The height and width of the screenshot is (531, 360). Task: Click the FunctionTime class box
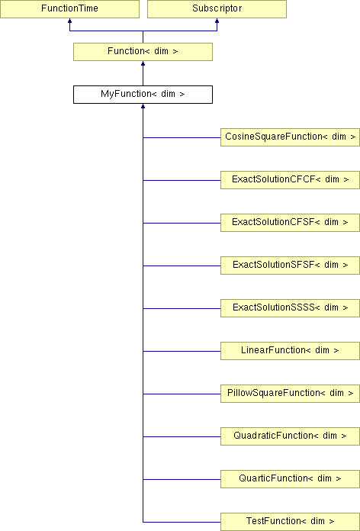[x=69, y=9]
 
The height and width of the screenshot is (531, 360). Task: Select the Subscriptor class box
[x=217, y=9]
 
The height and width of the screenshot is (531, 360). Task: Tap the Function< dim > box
[x=143, y=52]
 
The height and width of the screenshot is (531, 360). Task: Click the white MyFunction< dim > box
[x=143, y=95]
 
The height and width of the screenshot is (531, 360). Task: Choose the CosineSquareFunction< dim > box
[x=291, y=137]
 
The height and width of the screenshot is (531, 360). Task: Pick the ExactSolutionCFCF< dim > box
[x=291, y=180]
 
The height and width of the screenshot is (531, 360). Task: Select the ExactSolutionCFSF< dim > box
[x=291, y=223]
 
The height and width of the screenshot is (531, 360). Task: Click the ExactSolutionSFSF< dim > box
[x=291, y=265]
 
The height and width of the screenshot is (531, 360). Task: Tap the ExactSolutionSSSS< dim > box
[x=291, y=307]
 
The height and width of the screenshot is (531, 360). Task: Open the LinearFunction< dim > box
[x=291, y=350]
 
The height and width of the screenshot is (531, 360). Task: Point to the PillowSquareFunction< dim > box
[x=291, y=393]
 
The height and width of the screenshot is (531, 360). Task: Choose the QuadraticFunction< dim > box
[x=291, y=436]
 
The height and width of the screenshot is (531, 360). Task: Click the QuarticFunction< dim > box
[x=291, y=478]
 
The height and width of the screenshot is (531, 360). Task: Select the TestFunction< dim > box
[x=291, y=522]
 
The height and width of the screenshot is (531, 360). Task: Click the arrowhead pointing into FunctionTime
[x=69, y=21]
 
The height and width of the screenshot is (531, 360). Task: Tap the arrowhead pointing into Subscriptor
[x=217, y=21]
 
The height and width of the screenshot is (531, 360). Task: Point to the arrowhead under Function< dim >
[x=143, y=63]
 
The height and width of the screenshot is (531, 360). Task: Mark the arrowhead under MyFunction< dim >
[x=143, y=106]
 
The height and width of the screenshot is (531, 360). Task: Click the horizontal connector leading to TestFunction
[x=182, y=522]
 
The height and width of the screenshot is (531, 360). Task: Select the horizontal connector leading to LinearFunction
[x=182, y=351]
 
